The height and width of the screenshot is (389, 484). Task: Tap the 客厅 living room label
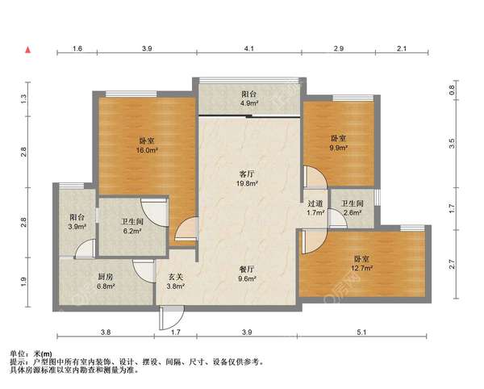click(247, 178)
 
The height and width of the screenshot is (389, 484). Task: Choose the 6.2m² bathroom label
click(132, 226)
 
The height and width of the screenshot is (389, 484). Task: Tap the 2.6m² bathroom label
click(352, 208)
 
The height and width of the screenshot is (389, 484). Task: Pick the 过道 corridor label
click(315, 208)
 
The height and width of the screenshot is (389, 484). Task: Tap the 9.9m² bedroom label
click(339, 143)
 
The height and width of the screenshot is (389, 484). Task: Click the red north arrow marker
click(29, 50)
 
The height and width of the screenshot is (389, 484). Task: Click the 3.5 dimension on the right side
click(453, 143)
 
